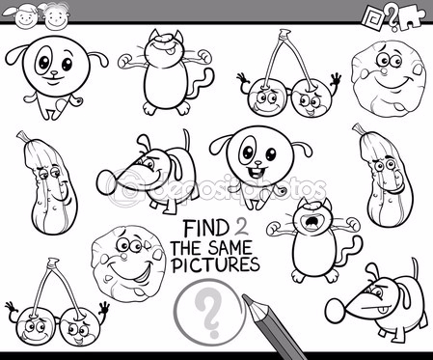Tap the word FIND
[205, 228]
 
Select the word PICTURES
[215, 264]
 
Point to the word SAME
[230, 247]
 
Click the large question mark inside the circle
[209, 312]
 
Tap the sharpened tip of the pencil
[245, 298]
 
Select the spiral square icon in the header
[374, 18]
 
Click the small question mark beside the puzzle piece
[392, 18]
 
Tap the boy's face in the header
[57, 16]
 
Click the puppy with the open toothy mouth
[260, 167]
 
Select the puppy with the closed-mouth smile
[56, 76]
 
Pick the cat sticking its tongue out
[166, 71]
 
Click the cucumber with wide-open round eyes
[384, 176]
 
